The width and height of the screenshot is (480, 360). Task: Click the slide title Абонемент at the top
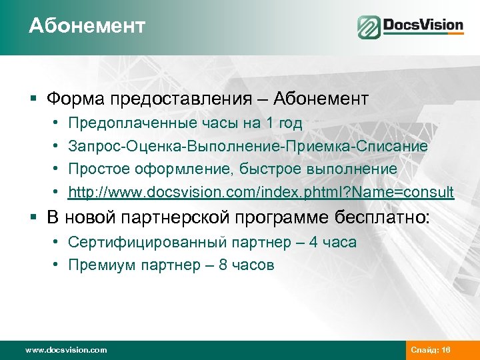click(x=87, y=26)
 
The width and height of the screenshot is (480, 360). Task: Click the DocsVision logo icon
click(x=369, y=27)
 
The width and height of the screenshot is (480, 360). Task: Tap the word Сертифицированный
click(x=133, y=242)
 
